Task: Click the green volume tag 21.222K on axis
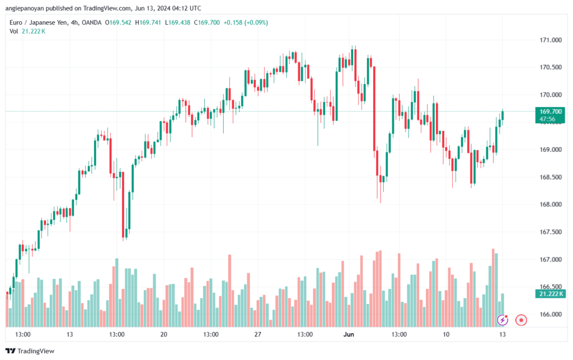tap(549, 294)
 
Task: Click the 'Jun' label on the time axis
tap(349, 335)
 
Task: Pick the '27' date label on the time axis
tap(257, 335)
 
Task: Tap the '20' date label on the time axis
tap(163, 335)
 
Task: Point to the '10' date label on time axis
tap(445, 335)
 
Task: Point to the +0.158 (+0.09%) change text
tap(246, 22)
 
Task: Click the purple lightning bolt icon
tap(502, 320)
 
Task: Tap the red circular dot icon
tap(521, 320)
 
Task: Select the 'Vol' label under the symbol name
tap(14, 31)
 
